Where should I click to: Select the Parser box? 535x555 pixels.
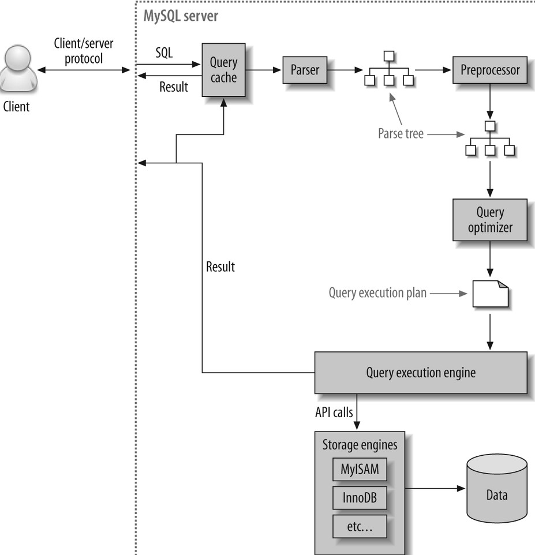305,70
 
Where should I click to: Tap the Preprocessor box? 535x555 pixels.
489,70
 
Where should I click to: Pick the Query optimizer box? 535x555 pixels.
489,220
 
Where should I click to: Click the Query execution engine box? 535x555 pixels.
420,372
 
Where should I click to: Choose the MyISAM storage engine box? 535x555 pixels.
360,469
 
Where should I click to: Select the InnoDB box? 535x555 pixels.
359,497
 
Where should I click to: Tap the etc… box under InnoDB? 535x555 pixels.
359,524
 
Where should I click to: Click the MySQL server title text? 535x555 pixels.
181,16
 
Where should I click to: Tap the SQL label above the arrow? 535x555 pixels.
164,53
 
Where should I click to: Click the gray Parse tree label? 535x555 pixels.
401,134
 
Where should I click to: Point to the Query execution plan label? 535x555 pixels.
377,292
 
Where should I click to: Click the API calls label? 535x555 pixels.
334,412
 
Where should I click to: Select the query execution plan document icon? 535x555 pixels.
490,293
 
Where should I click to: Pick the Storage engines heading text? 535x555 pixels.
360,445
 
